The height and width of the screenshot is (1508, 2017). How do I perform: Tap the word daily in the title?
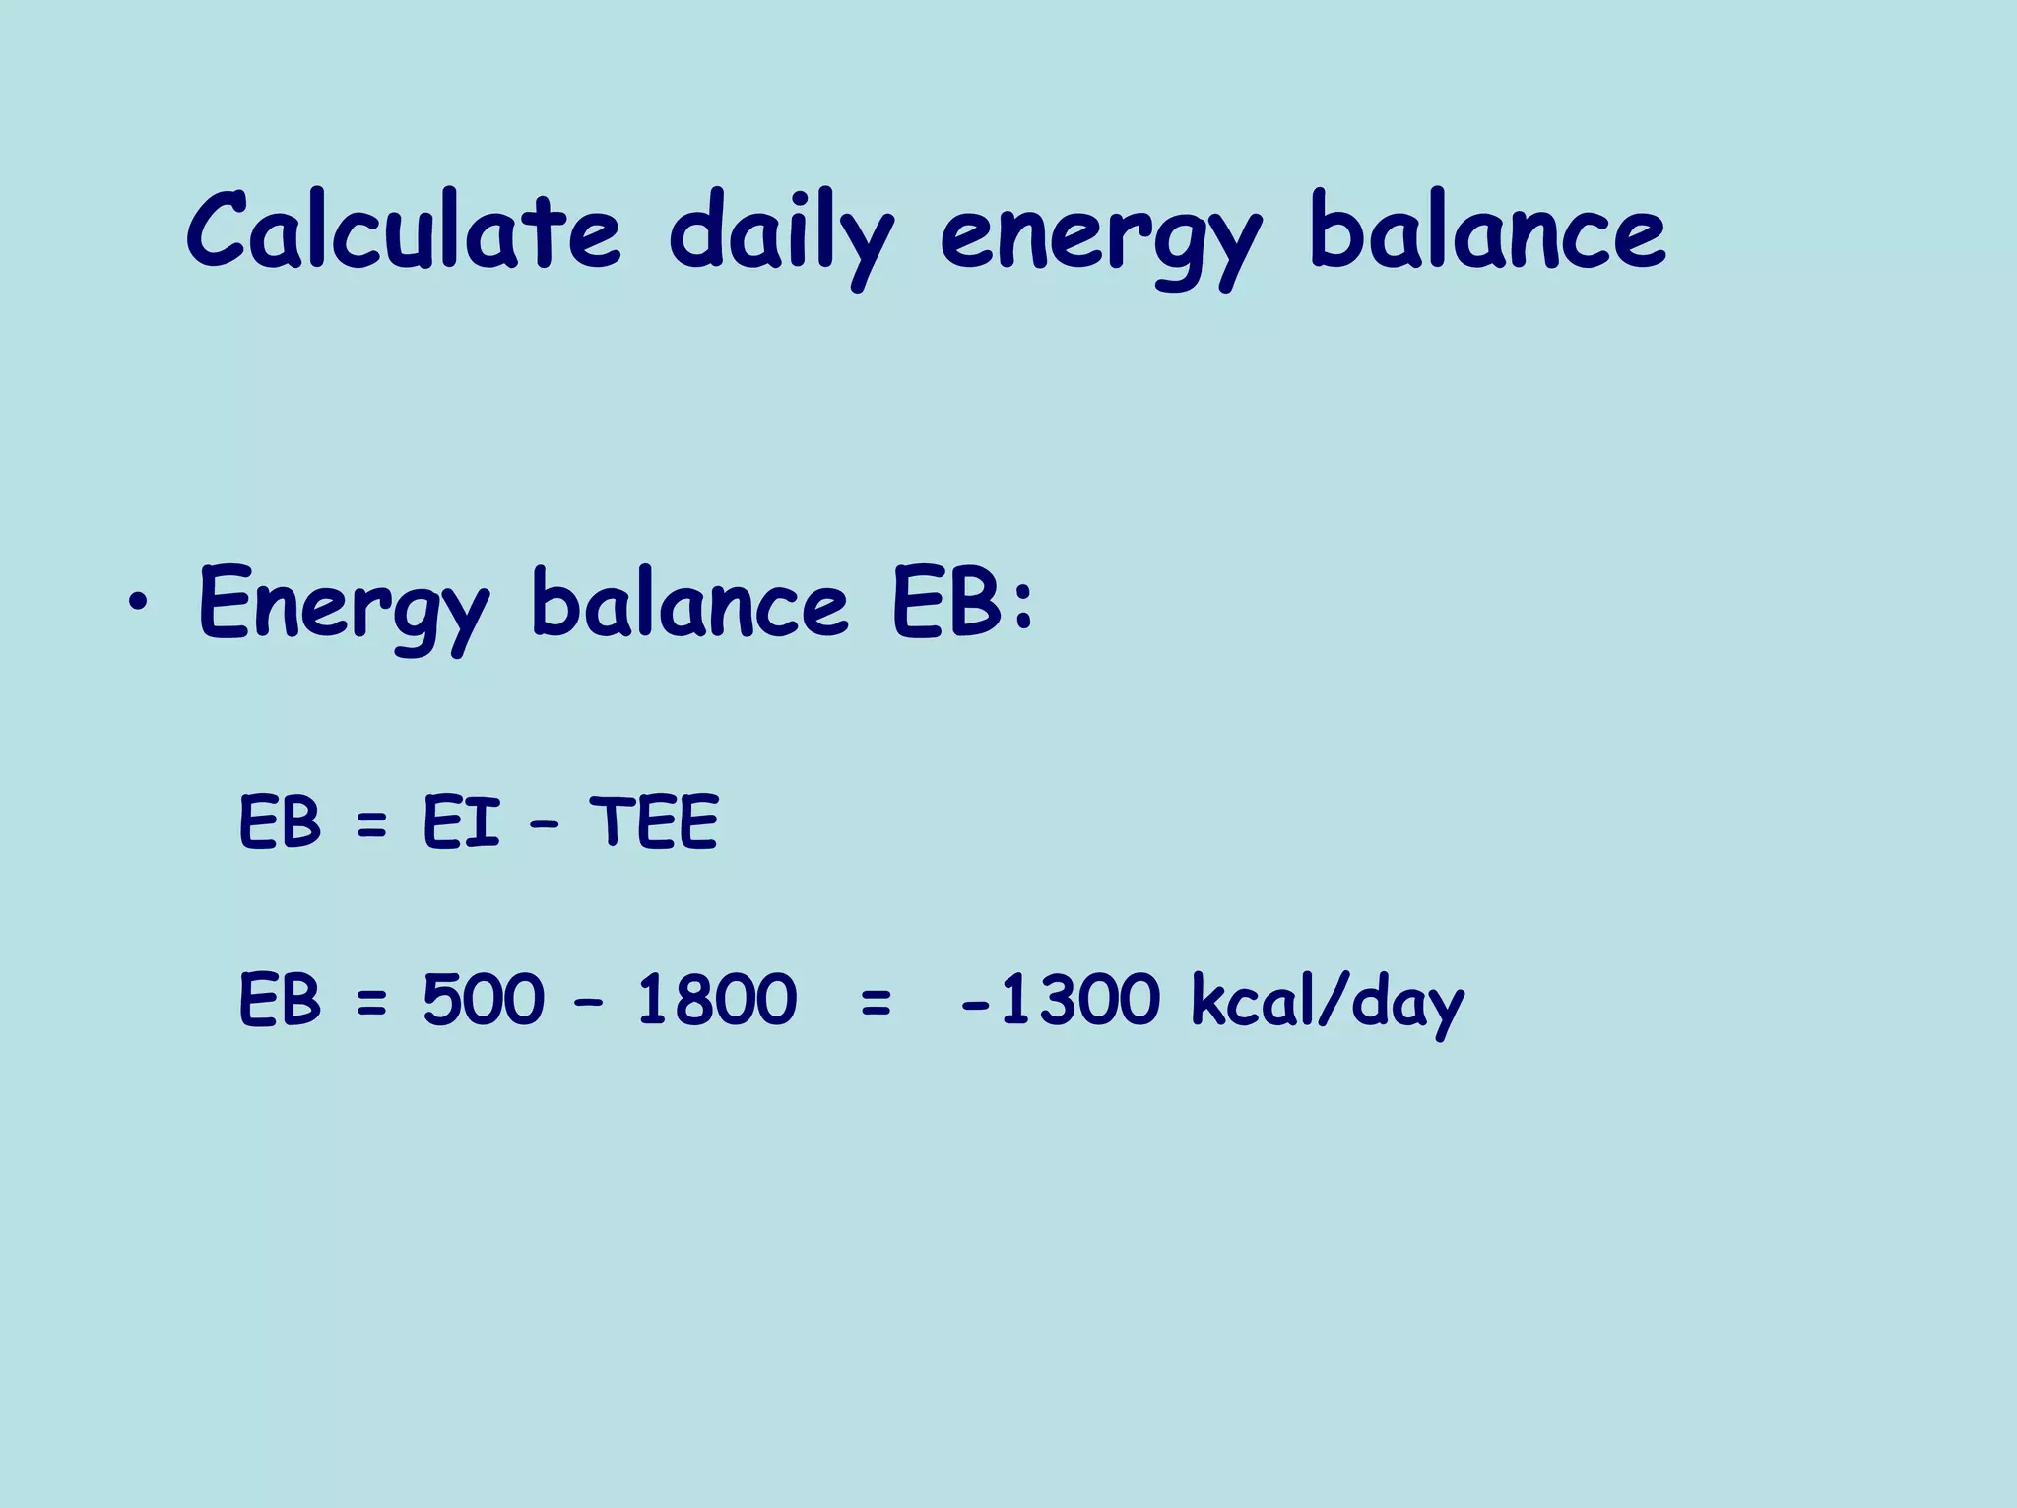(780, 236)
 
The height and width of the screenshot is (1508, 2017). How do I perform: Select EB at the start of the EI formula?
(280, 822)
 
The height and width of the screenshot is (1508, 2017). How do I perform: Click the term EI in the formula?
(461, 822)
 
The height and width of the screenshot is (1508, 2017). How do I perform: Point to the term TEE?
(654, 822)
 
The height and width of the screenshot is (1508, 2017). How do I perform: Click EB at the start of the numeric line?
(280, 1000)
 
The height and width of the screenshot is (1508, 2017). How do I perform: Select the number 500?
(483, 1000)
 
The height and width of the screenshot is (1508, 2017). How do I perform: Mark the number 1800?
(716, 1000)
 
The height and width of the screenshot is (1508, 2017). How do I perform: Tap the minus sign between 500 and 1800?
(589, 1004)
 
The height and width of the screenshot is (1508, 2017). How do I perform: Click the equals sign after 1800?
(876, 1004)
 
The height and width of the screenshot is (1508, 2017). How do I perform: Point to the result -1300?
(1061, 1000)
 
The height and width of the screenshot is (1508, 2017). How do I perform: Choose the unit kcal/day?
(1328, 1003)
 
